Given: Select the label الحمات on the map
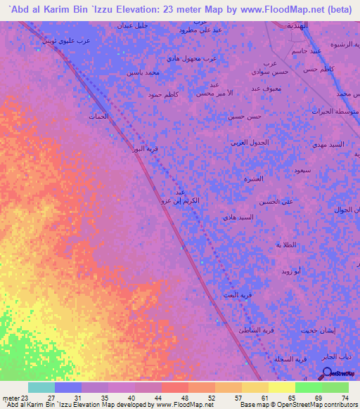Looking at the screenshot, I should click(98, 116).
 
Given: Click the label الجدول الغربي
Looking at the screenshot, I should click(250, 143).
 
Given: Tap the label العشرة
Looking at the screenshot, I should click(253, 178).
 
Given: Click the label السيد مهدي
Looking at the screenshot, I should click(328, 144).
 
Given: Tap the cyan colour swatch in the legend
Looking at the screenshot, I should click(41, 387).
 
